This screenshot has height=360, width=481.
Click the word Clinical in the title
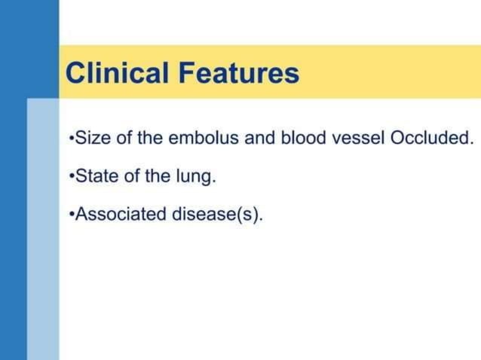tap(118, 73)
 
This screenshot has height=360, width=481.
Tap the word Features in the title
tap(239, 73)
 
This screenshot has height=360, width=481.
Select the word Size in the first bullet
tap(90, 139)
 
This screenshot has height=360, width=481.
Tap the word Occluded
tap(430, 139)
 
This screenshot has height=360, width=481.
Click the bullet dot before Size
tap(70, 140)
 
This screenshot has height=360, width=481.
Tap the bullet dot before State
tap(70, 177)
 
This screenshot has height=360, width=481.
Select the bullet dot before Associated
tap(70, 215)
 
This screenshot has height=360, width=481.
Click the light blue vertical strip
tap(43, 226)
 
